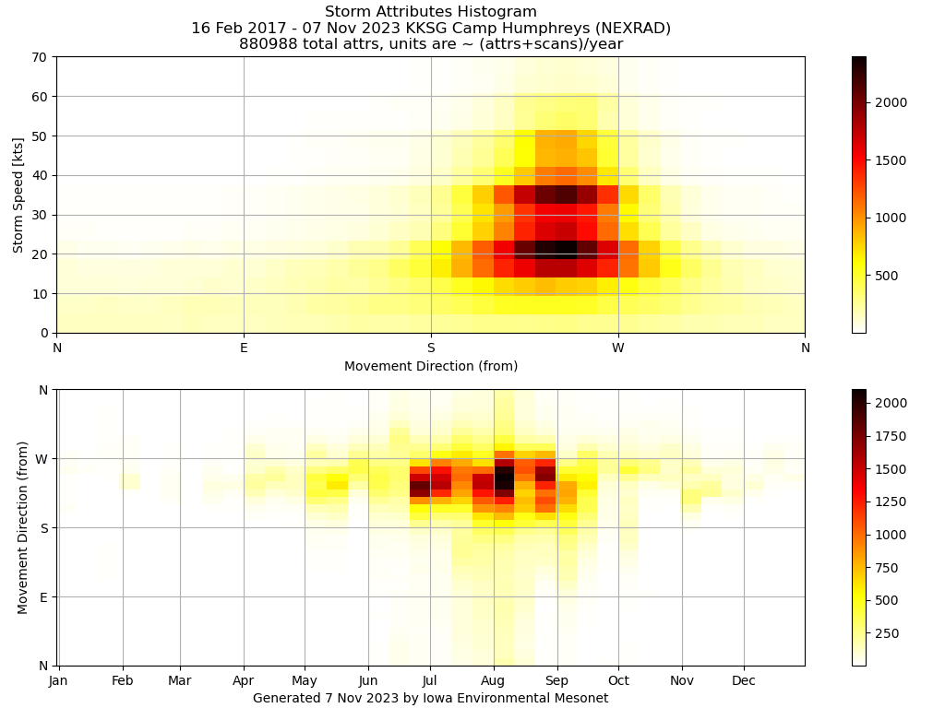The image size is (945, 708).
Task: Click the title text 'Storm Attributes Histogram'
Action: click(431, 11)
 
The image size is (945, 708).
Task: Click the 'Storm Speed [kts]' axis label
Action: click(18, 195)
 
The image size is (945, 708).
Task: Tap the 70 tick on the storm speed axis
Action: click(40, 57)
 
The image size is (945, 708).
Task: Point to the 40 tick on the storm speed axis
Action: click(40, 176)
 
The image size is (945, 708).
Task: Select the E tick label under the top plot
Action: click(244, 348)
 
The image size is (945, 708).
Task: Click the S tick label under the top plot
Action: click(431, 348)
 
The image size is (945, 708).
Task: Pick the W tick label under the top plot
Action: click(618, 348)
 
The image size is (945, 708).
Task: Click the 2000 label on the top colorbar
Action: click(891, 103)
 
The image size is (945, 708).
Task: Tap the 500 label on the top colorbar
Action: click(887, 276)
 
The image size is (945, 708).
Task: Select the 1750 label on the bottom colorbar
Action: click(891, 436)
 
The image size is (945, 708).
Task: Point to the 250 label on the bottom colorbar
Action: click(887, 633)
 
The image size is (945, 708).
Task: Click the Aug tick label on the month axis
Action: click(493, 681)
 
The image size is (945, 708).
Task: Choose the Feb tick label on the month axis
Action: click(123, 681)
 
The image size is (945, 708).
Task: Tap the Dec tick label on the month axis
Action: click(744, 681)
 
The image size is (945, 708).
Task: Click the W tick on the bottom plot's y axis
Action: click(42, 459)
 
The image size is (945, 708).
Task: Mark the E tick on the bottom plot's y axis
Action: click(43, 597)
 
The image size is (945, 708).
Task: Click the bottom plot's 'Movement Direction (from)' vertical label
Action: click(23, 528)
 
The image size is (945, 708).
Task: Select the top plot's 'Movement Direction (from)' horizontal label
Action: click(431, 366)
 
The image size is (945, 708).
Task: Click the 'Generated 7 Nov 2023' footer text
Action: click(326, 698)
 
